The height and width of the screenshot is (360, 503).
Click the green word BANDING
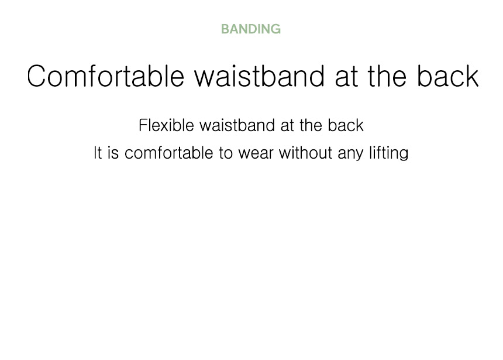pos(251,29)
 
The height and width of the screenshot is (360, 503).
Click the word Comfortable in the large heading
pos(105,76)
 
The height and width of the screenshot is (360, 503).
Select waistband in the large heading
pos(260,76)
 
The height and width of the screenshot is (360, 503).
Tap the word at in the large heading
pos(346,77)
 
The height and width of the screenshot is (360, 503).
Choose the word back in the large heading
pos(448,76)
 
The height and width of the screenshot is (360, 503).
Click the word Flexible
pos(166,125)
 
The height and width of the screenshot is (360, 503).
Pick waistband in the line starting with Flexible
pos(237,125)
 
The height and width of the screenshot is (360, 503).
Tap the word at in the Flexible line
pos(287,126)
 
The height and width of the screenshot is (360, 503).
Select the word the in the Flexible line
pos(311,125)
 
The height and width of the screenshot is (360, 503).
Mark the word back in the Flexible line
pos(346,125)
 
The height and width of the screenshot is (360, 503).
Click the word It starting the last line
pos(98,153)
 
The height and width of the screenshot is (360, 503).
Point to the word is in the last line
pos(113,153)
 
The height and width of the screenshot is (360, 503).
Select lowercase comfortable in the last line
pos(168,153)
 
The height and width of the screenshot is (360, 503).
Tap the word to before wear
pos(226,153)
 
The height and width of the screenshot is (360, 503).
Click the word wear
pos(256,154)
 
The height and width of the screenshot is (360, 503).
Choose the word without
pos(305,153)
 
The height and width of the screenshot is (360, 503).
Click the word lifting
pos(389,153)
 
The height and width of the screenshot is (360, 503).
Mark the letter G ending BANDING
pos(275,29)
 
